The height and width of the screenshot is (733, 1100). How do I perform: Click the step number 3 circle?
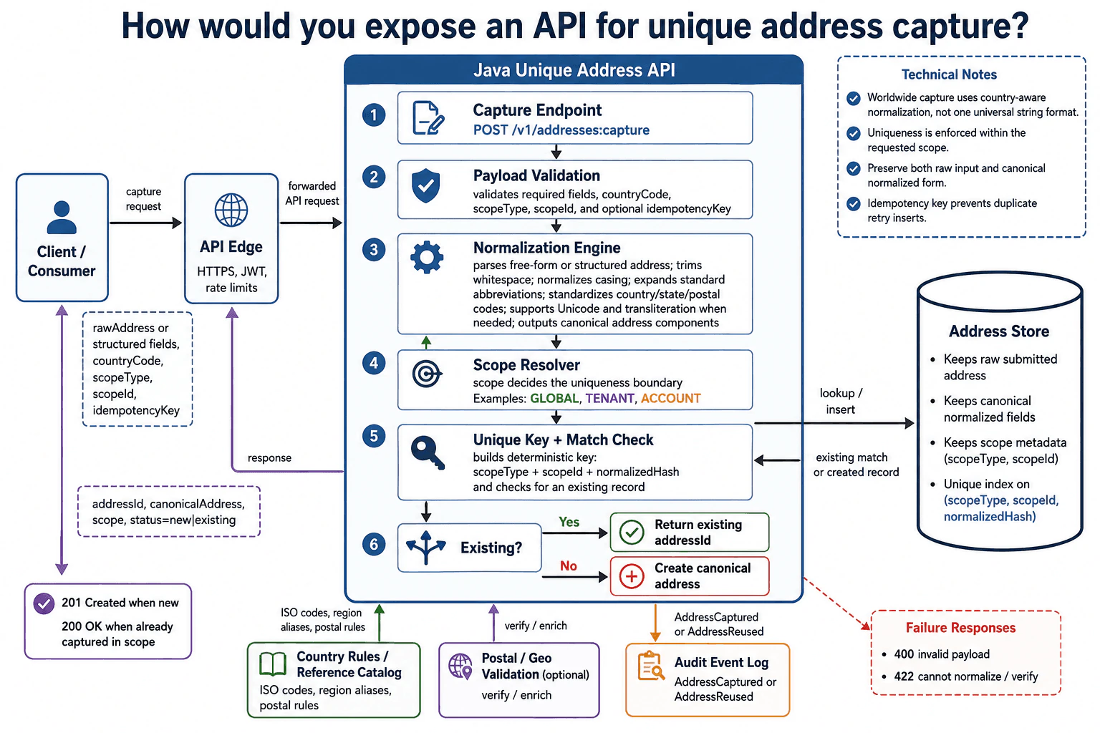point(374,249)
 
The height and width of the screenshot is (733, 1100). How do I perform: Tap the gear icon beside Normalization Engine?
point(427,257)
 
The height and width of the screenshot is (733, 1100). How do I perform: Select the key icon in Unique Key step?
point(428,452)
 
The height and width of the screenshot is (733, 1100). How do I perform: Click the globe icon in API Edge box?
point(231,210)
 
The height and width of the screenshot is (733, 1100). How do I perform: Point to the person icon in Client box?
point(62,217)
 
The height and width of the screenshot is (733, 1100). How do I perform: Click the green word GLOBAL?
point(554,398)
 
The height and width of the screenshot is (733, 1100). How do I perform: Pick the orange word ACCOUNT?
point(671,398)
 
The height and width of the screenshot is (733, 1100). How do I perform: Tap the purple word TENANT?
point(610,398)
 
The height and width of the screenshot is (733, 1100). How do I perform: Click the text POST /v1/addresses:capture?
point(561,130)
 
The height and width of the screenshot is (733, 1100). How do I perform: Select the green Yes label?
point(569,522)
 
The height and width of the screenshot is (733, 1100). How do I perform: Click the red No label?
point(568,565)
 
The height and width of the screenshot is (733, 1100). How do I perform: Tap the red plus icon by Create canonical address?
point(632,576)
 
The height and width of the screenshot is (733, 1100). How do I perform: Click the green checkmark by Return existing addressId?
point(632,532)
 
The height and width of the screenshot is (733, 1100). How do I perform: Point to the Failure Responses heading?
point(960,628)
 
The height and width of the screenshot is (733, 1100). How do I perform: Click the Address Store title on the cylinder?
point(999,331)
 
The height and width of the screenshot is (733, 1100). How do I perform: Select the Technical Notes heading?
point(949,74)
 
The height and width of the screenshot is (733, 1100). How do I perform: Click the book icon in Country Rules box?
point(273,664)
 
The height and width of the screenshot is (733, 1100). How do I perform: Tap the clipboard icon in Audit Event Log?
point(651,666)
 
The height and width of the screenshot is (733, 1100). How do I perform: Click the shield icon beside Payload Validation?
point(426,185)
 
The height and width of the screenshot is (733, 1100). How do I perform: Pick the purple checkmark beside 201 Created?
point(44,603)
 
